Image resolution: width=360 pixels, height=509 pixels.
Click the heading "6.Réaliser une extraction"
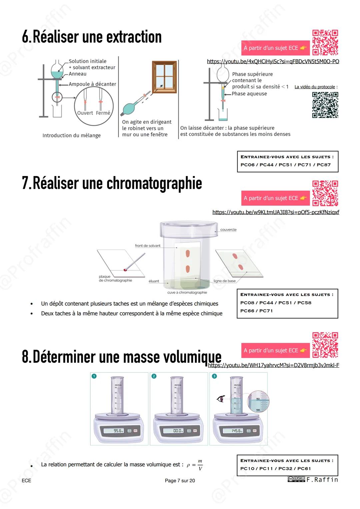coord(92,37)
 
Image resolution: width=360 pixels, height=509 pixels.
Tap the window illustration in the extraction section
coord(164,77)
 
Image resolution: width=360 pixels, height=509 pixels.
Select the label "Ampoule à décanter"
coord(92,84)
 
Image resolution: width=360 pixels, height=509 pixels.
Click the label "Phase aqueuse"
coord(249,94)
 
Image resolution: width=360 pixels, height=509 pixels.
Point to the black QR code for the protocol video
coord(325,105)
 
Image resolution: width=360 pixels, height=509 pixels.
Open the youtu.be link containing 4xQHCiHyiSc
coord(273,61)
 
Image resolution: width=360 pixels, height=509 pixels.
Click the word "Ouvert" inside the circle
coord(85,113)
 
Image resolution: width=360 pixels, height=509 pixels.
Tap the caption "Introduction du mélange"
coord(71,135)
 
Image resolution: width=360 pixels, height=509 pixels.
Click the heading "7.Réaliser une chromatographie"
coord(112,183)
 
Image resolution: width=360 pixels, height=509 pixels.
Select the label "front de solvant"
coord(147,246)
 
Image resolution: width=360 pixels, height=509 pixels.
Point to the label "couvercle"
coord(228,230)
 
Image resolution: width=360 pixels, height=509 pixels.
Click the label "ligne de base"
coord(224,281)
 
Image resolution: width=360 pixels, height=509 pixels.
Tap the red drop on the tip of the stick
coord(126,270)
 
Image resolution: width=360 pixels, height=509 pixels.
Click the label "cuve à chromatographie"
coord(187,292)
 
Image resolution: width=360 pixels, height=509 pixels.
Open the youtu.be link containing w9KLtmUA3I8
coord(276,212)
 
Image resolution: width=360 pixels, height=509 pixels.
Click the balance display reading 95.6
coord(114,431)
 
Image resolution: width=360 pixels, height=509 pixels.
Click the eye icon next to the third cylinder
coord(220,399)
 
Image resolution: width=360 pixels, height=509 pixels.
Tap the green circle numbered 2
coord(154,376)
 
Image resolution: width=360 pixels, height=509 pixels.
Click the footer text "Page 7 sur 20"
coord(180,480)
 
